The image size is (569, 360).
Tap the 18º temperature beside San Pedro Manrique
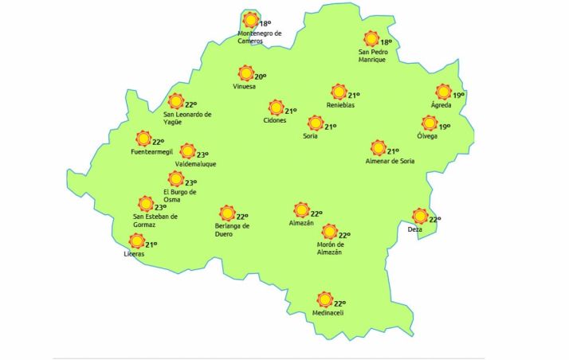point(387,42)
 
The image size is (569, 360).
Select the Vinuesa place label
point(245,87)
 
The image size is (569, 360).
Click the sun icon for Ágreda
point(443,92)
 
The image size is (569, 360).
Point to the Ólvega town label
point(427,135)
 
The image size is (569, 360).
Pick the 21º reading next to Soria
point(330,126)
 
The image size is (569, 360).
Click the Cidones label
point(275,120)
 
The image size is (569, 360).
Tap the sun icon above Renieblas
point(339,92)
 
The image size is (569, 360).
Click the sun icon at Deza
point(420,216)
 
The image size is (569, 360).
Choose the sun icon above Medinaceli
point(324,299)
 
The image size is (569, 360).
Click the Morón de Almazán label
point(329,248)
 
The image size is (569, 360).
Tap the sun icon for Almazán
point(301,210)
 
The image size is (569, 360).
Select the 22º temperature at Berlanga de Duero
point(242,216)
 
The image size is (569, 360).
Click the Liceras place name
point(135,254)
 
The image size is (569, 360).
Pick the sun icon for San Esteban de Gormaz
point(146,205)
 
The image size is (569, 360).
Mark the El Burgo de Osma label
point(179,196)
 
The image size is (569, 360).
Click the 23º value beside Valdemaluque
point(202,155)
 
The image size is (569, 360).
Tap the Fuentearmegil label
point(151,151)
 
